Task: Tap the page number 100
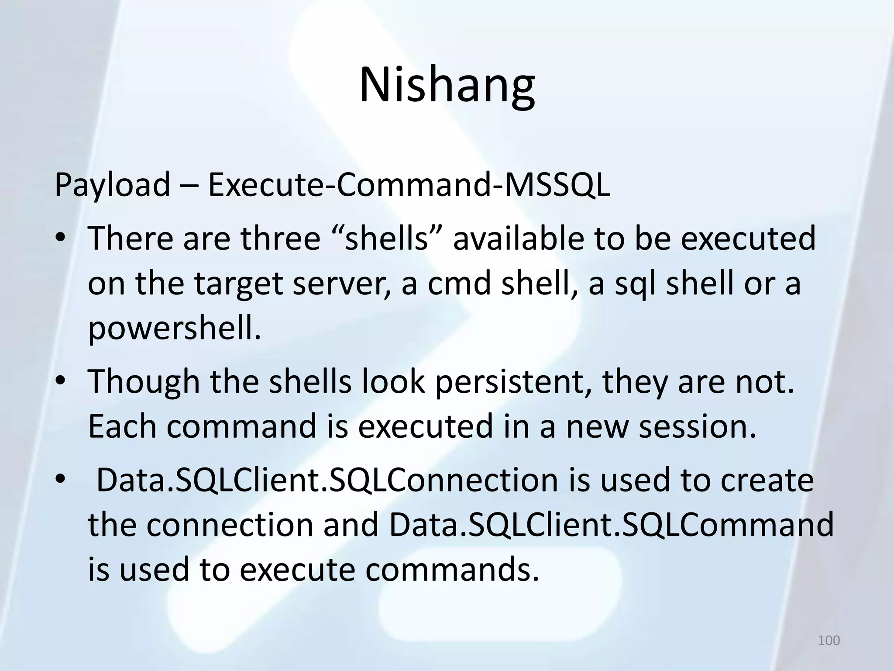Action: point(829,640)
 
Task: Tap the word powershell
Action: point(174,329)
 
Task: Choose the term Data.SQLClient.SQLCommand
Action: point(611,525)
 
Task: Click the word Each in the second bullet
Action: point(122,426)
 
